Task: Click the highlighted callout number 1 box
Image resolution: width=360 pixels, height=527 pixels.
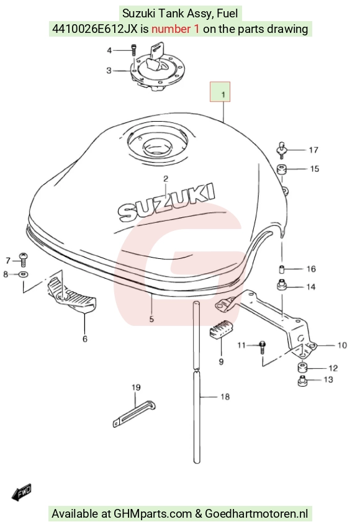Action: [220, 91]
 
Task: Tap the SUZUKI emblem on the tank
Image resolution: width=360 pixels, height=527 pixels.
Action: [166, 202]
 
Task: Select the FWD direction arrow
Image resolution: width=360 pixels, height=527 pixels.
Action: [22, 492]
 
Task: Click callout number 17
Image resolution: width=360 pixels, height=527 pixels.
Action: [313, 150]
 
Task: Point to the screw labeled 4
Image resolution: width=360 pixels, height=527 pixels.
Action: [134, 50]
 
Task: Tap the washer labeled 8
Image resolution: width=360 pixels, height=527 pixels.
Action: [23, 274]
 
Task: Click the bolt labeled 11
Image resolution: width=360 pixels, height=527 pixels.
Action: [263, 346]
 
